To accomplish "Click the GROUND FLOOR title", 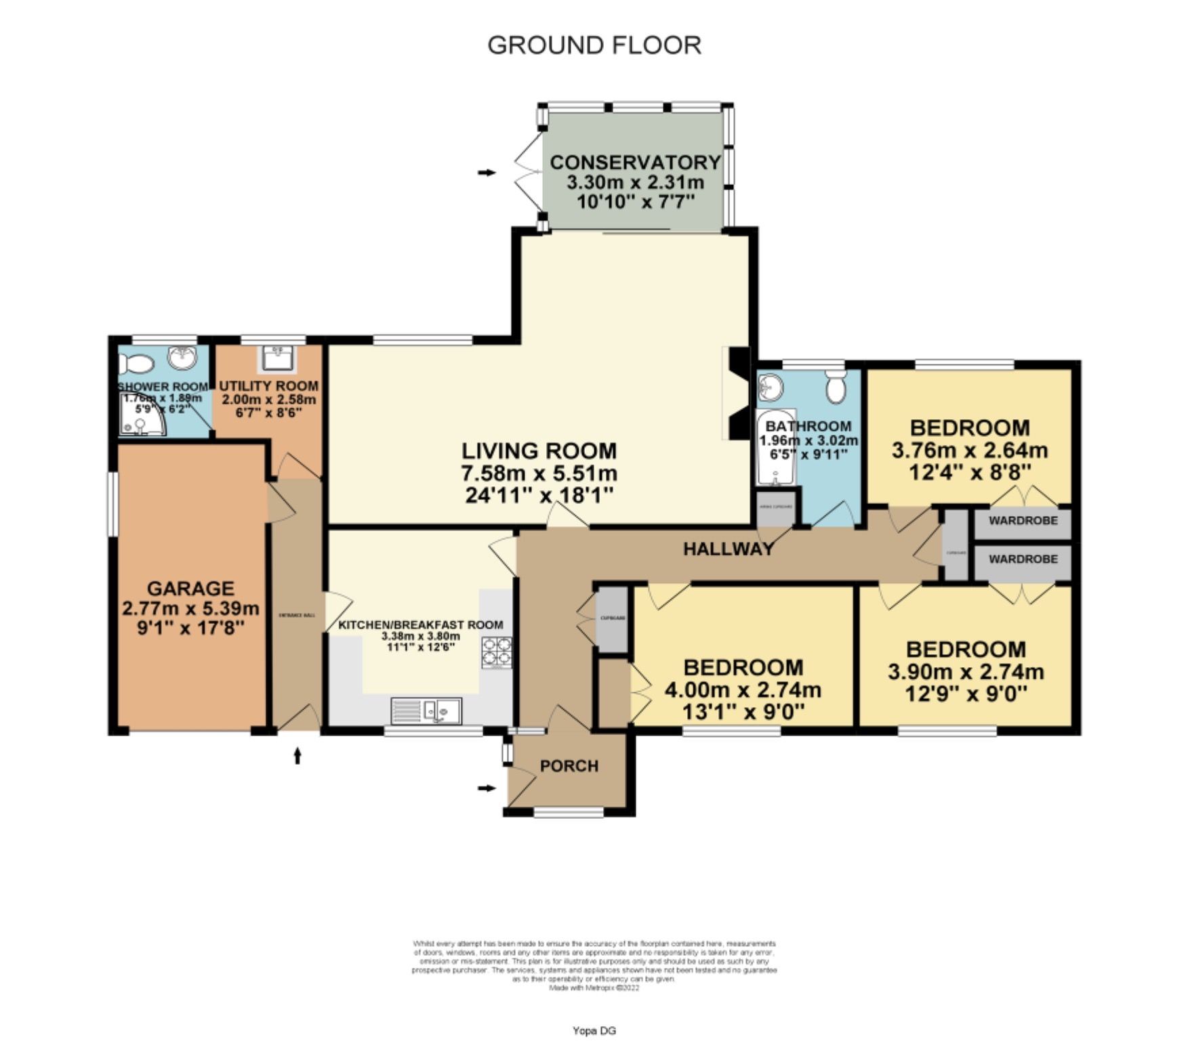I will (594, 45).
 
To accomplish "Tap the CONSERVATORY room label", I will (635, 163).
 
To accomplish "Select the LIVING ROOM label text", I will (539, 450).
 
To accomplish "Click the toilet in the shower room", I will (138, 364).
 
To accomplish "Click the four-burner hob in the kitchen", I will (497, 652).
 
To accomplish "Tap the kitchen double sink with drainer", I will (426, 711).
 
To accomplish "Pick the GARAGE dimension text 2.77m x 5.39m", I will (190, 608).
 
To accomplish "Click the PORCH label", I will (569, 766).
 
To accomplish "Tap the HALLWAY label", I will (728, 549).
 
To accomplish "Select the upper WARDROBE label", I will (1023, 522).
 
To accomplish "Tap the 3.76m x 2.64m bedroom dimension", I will (970, 450).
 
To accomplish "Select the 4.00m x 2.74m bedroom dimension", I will (743, 690).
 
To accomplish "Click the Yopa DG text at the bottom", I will (594, 1031).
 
